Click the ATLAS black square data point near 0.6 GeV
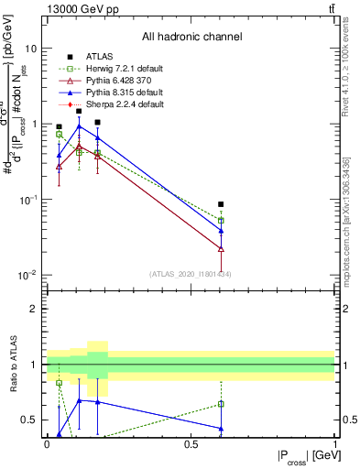click(x=221, y=204)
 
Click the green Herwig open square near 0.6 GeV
click(x=221, y=221)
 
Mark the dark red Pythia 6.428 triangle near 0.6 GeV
click(x=221, y=248)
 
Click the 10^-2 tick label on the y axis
click(x=28, y=275)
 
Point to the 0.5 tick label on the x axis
click(x=191, y=445)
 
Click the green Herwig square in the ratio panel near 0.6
click(x=221, y=404)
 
